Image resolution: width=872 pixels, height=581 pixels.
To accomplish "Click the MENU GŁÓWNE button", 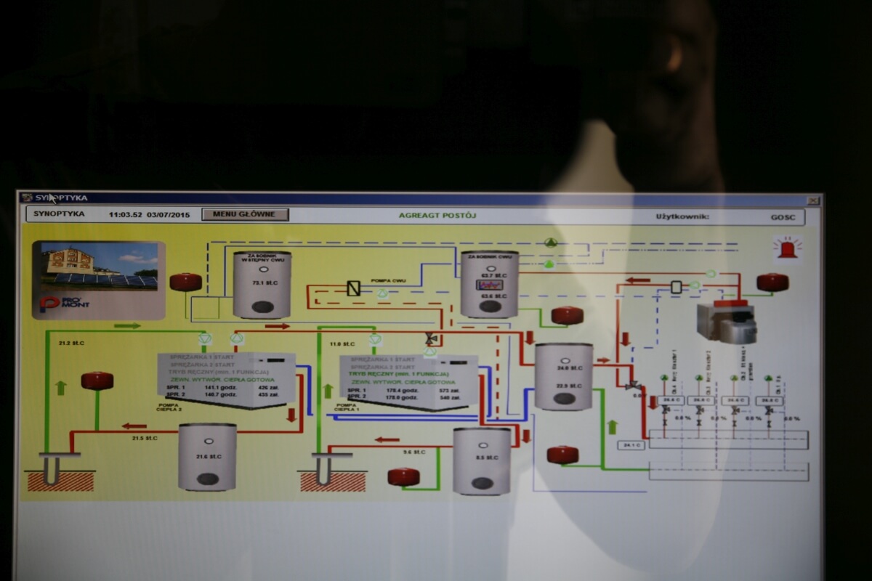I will point(245,214).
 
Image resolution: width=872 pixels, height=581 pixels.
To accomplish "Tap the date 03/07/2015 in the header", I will point(168,214).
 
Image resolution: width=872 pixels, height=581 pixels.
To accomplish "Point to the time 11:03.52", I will point(124,214).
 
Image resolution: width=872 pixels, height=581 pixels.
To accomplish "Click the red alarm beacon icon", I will point(787,248).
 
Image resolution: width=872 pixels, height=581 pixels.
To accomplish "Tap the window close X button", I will point(813,200).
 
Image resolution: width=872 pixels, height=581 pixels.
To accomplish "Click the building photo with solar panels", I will point(99,266).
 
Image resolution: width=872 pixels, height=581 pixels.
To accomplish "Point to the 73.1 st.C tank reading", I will point(261,282).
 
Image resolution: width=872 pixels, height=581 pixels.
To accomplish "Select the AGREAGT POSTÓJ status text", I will point(437,215).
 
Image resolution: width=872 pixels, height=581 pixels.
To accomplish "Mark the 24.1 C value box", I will point(631,445).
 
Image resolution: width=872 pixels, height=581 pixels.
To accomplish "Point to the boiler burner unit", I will point(726,322).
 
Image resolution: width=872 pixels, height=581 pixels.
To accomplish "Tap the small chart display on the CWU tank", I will point(488,285).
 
